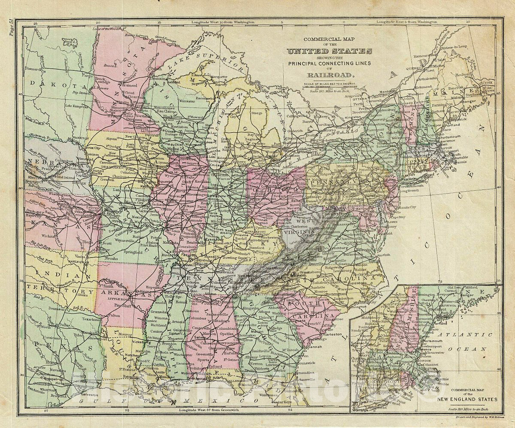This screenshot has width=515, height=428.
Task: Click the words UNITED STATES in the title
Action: [329, 51]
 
